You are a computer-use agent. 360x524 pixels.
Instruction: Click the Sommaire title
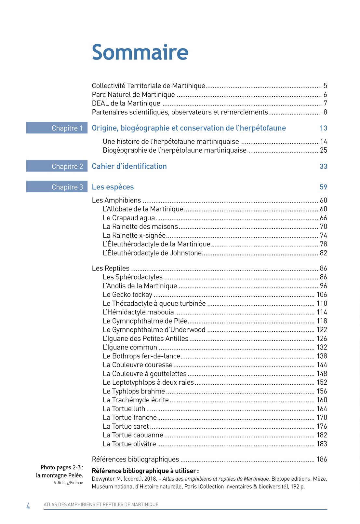pyautogui.click(x=140, y=52)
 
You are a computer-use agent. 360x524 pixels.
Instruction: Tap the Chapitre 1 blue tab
pyautogui.click(x=57, y=128)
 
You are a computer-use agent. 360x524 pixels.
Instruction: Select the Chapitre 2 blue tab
pyautogui.click(x=57, y=166)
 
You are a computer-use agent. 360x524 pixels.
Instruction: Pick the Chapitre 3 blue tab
pyautogui.click(x=57, y=187)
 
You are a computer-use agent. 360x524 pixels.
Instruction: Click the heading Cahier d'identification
pyautogui.click(x=129, y=166)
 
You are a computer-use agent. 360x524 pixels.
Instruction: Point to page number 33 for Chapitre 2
pyautogui.click(x=323, y=166)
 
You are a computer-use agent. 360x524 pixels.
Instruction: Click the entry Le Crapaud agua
pyautogui.click(x=129, y=218)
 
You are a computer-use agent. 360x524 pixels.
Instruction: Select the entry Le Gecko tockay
pyautogui.click(x=127, y=295)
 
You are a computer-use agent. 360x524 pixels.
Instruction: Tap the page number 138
pyautogui.click(x=322, y=356)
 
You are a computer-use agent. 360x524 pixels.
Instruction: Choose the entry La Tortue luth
pyautogui.click(x=124, y=409)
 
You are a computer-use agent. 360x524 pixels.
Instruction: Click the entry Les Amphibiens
pyautogui.click(x=116, y=200)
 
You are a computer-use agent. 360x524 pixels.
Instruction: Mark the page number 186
pyautogui.click(x=322, y=459)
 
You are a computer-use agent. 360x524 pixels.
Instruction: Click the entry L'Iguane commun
pyautogui.click(x=130, y=347)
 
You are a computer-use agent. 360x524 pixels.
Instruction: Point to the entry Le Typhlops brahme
pyautogui.click(x=134, y=391)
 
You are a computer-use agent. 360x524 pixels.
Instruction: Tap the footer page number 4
pyautogui.click(x=28, y=506)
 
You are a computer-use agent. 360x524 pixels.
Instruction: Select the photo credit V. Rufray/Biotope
pyautogui.click(x=68, y=483)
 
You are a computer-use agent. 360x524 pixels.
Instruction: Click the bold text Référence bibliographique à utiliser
pyautogui.click(x=145, y=471)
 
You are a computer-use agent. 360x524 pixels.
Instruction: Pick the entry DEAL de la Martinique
pyautogui.click(x=126, y=103)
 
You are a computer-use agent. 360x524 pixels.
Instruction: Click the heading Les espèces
pyautogui.click(x=113, y=187)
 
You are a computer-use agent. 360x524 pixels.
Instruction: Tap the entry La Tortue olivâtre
pyautogui.click(x=129, y=444)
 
